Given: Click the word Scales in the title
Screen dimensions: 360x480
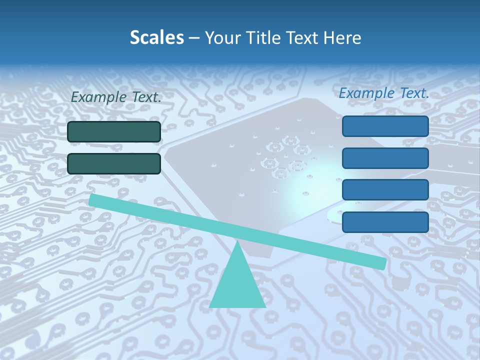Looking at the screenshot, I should click(x=156, y=38).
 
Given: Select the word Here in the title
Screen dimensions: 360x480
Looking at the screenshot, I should click(x=342, y=38).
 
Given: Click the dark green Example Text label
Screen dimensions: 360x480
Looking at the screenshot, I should click(x=116, y=97).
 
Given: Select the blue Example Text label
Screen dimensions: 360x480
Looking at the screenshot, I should click(x=384, y=93).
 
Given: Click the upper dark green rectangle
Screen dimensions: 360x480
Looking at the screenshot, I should click(x=114, y=132).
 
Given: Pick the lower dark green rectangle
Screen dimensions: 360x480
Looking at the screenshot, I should click(x=114, y=163).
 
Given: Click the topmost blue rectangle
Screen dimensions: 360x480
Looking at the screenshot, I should click(x=385, y=126).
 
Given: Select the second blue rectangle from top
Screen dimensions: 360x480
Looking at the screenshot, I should click(x=385, y=158).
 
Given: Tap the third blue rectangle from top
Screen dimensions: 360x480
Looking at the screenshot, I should click(x=385, y=190).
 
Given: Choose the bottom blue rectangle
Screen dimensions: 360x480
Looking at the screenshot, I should click(x=385, y=222).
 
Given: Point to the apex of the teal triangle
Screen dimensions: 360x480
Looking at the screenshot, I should click(x=238, y=243).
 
